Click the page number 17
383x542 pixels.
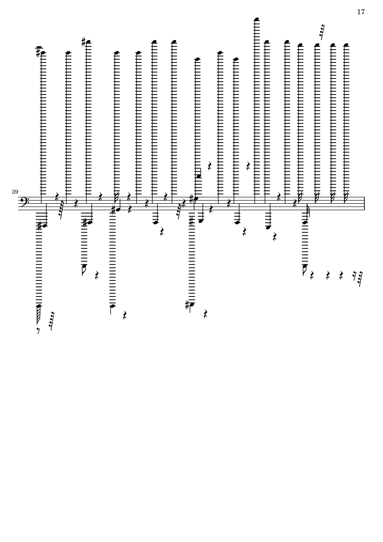click(x=361, y=12)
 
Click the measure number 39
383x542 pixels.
click(x=15, y=191)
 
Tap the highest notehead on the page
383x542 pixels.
click(x=256, y=19)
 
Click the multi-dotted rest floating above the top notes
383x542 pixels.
click(x=322, y=32)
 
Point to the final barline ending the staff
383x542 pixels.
click(x=365, y=203)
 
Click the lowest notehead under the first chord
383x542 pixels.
click(x=39, y=306)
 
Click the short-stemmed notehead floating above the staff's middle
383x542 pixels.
click(x=199, y=176)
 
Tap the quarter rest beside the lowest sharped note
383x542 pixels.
click(x=205, y=314)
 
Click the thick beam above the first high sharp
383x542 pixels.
click(x=39, y=47)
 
